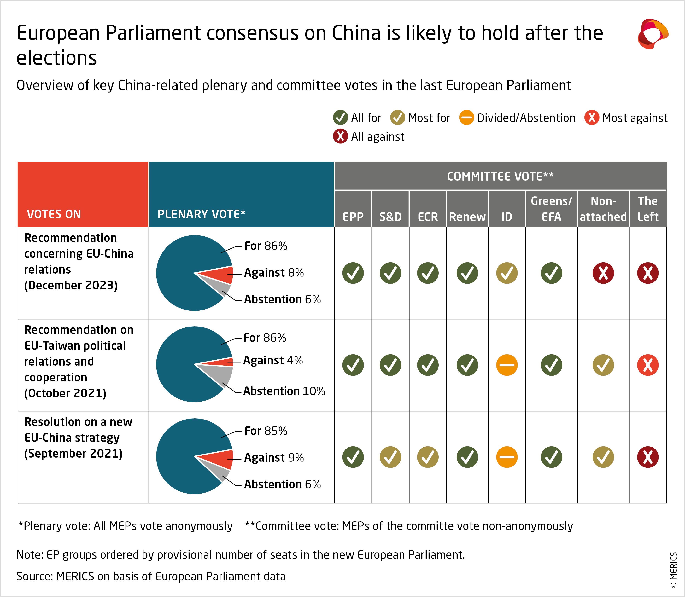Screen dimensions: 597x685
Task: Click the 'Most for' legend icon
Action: pyautogui.click(x=397, y=118)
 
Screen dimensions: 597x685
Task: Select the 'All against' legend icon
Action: pyautogui.click(x=340, y=136)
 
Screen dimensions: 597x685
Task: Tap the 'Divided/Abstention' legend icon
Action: pyautogui.click(x=466, y=118)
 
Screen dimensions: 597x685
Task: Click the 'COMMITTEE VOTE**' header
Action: pyautogui.click(x=500, y=176)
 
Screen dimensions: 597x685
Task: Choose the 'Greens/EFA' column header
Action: pyautogui.click(x=551, y=209)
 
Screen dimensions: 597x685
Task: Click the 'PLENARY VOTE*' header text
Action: pyautogui.click(x=201, y=214)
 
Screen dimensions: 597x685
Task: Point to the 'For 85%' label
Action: pyautogui.click(x=266, y=431)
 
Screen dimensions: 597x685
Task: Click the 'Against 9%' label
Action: pyautogui.click(x=274, y=457)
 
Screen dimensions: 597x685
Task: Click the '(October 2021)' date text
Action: pyautogui.click(x=65, y=393)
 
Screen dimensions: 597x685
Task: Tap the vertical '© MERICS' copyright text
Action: pyautogui.click(x=673, y=570)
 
